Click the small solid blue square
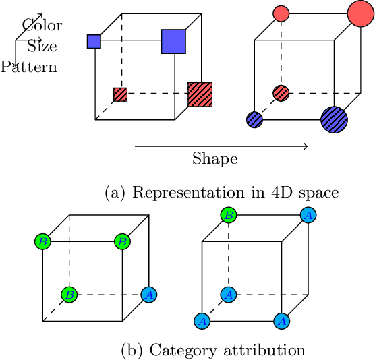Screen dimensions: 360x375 click(x=94, y=41)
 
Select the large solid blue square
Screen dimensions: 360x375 click(x=173, y=41)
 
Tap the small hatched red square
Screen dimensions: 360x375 click(x=120, y=94)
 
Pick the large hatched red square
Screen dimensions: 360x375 click(x=200, y=95)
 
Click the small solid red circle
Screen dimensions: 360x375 click(x=281, y=13)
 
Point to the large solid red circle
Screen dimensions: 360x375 click(x=360, y=13)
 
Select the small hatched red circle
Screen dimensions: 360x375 click(x=281, y=92)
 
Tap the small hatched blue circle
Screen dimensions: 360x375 click(x=254, y=119)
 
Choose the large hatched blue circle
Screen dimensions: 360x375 click(x=334, y=119)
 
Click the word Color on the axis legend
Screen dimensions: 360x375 click(x=42, y=26)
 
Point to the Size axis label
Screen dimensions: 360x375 click(x=42, y=47)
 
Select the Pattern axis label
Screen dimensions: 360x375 click(x=29, y=67)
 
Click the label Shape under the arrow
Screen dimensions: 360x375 click(x=215, y=160)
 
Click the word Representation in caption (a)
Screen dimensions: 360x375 click(x=177, y=192)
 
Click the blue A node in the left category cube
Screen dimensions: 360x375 click(x=148, y=295)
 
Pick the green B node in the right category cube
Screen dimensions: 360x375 click(x=229, y=215)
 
